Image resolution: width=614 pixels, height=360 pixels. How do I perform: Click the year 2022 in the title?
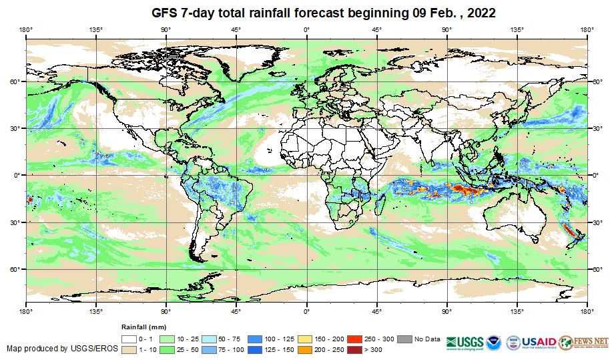[478, 13]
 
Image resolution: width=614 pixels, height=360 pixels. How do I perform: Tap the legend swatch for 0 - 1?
[129, 339]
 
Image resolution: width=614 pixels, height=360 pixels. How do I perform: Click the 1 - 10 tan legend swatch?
[129, 349]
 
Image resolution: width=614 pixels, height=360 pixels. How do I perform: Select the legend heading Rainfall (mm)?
[143, 327]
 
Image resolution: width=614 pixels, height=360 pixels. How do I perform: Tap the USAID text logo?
[539, 341]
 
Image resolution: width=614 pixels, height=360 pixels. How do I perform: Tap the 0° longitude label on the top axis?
[306, 29]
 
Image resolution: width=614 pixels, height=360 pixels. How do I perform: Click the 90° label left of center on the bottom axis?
[166, 311]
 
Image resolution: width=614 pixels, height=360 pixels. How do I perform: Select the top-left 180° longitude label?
[26, 29]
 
